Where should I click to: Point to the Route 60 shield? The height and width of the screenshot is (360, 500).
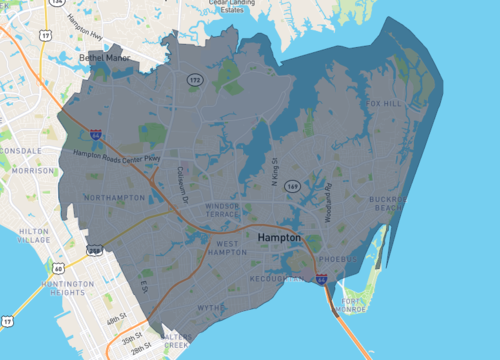61,269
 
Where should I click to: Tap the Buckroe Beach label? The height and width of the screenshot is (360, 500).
386,203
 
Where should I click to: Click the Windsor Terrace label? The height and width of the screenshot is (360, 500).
222,210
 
